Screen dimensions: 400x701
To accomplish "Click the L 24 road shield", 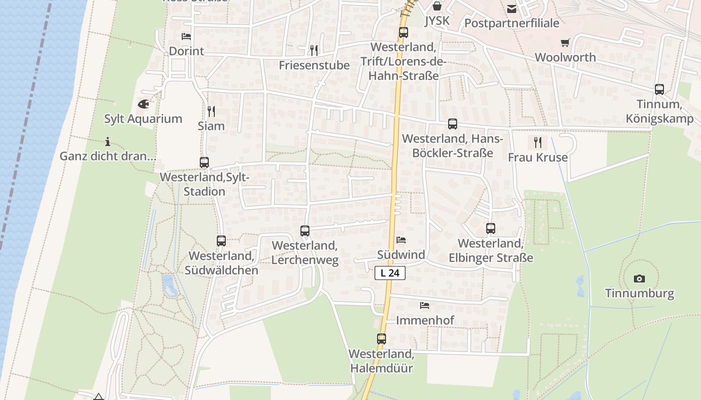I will pyautogui.click(x=390, y=273).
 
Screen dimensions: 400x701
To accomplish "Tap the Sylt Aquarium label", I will pyautogui.click(x=143, y=119).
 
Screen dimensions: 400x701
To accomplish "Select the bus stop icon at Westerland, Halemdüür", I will pyautogui.click(x=382, y=339).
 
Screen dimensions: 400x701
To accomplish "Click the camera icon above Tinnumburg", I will pyautogui.click(x=639, y=278).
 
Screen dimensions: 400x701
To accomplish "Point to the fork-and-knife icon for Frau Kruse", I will pyautogui.click(x=538, y=142).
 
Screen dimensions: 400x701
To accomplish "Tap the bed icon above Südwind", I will pyautogui.click(x=401, y=240).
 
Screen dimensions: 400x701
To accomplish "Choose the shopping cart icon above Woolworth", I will pyautogui.click(x=565, y=43).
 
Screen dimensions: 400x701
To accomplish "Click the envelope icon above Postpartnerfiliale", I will pyautogui.click(x=512, y=9).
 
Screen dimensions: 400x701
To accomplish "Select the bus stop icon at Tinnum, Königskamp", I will pyautogui.click(x=659, y=89).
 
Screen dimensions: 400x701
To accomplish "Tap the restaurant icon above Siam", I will pyautogui.click(x=211, y=111).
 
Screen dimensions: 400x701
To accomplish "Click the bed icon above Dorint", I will pyautogui.click(x=186, y=36).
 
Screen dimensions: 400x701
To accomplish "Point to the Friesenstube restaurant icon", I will pyautogui.click(x=314, y=50).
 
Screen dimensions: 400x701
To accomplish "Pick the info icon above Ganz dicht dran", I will pyautogui.click(x=108, y=141).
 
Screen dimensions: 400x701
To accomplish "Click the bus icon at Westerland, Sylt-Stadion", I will pyautogui.click(x=204, y=162).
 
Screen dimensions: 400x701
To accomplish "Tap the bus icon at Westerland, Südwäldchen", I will pyautogui.click(x=221, y=241).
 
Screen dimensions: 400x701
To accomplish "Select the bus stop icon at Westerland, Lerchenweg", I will pyautogui.click(x=305, y=231).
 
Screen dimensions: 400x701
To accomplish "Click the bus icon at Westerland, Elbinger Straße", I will pyautogui.click(x=491, y=228).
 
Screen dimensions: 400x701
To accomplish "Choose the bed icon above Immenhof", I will pyautogui.click(x=425, y=305).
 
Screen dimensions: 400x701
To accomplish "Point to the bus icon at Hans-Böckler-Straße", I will pyautogui.click(x=453, y=124).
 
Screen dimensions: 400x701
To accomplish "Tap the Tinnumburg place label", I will pyautogui.click(x=639, y=293).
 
